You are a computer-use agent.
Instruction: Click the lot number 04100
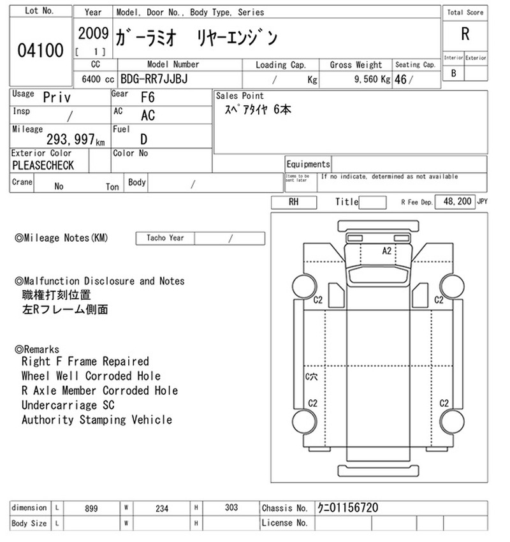[x=40, y=50]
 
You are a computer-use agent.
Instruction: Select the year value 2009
[x=93, y=34]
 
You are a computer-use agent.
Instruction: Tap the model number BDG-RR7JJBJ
[x=154, y=79]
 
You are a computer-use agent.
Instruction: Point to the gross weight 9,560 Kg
[x=372, y=80]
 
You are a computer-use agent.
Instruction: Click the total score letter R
[x=465, y=34]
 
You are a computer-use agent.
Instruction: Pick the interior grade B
[x=454, y=73]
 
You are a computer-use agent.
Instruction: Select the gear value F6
[x=147, y=98]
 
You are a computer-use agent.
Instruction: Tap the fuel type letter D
[x=143, y=139]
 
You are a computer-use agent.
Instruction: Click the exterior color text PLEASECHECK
[x=43, y=165]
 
